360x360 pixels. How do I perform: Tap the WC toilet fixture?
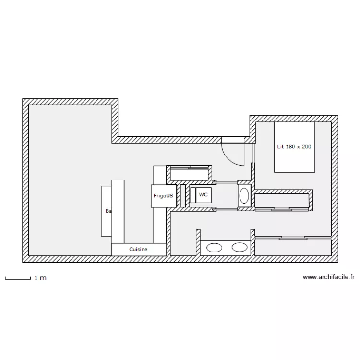tap(201, 195)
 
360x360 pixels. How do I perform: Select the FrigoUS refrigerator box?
tap(163, 196)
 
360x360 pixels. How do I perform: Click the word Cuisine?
tap(139, 250)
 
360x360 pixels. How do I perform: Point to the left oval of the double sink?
tap(214, 248)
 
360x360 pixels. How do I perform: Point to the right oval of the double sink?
tap(239, 248)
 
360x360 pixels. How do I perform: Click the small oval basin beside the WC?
tap(244, 195)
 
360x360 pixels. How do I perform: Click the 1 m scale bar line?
tap(17, 278)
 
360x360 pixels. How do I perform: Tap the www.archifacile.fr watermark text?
tap(329, 277)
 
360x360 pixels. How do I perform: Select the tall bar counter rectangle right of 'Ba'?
tap(118, 211)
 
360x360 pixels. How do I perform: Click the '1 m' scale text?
tap(40, 278)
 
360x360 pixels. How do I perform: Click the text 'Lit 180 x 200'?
tap(294, 146)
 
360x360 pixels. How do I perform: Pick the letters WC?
tap(204, 195)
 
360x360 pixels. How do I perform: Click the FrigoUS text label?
tap(163, 196)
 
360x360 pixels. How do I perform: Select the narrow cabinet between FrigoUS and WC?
tap(183, 196)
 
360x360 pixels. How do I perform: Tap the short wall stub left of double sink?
tap(198, 242)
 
